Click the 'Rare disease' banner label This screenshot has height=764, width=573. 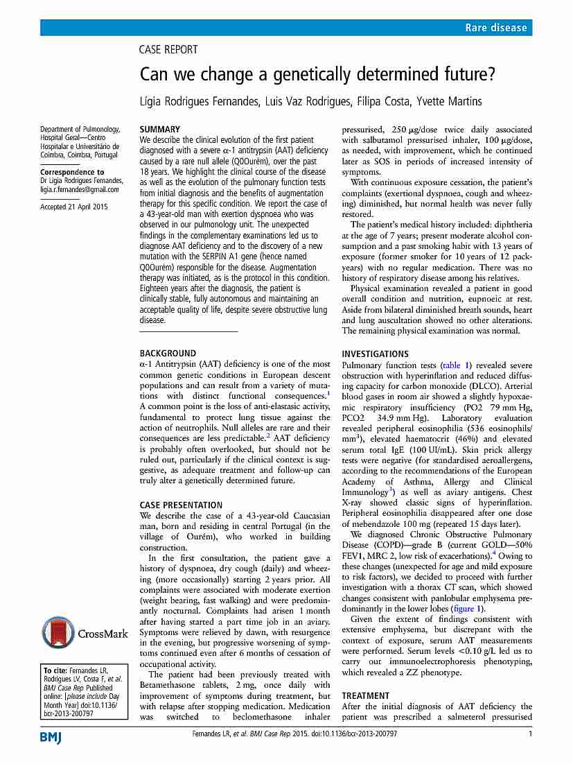(496, 28)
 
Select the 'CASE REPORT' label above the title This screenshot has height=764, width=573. (168, 50)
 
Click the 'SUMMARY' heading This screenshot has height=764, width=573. (159, 129)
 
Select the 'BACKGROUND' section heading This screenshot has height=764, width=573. (168, 353)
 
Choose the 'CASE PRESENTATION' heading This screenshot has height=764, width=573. (181, 505)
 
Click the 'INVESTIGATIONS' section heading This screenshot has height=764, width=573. (375, 354)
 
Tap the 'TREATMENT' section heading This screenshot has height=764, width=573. (366, 695)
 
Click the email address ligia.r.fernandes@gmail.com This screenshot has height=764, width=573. (80, 189)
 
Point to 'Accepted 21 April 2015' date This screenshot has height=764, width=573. (74, 207)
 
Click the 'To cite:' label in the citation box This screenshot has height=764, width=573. (55, 670)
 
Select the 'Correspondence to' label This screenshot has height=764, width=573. (72, 172)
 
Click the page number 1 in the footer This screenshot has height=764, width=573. (530, 734)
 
